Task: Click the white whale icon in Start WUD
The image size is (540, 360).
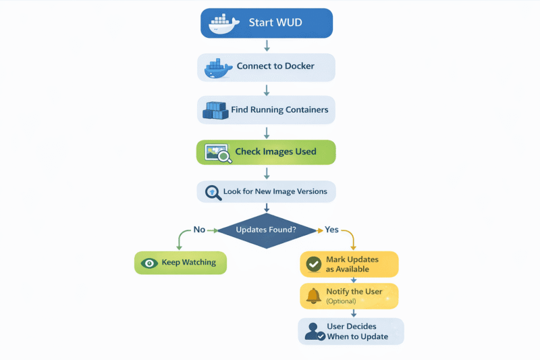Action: (x=223, y=23)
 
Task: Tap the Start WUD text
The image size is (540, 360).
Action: (x=275, y=23)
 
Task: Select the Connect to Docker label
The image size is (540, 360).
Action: (x=275, y=67)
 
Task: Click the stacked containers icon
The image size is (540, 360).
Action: (x=216, y=110)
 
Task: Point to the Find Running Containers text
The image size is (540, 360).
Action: (x=279, y=109)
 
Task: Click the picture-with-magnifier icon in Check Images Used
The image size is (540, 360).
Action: (x=218, y=153)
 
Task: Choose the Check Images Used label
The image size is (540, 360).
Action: (x=275, y=152)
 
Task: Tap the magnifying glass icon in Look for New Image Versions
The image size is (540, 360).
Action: (x=213, y=192)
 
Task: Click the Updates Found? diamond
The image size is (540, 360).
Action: (x=266, y=230)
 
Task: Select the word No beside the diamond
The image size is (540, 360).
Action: (x=199, y=230)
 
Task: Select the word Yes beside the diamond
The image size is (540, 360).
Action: (x=331, y=230)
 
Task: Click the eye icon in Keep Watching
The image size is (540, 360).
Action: (x=149, y=263)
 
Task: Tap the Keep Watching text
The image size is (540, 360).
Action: (x=189, y=263)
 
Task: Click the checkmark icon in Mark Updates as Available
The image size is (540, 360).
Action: (x=313, y=264)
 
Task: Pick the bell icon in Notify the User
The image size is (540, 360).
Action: (x=313, y=296)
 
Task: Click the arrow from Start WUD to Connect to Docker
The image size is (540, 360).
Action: (x=267, y=45)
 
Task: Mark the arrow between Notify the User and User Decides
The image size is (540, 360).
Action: (x=353, y=313)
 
